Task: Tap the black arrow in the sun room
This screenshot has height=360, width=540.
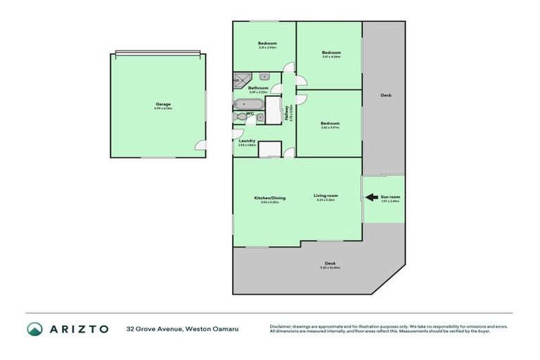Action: [370, 199]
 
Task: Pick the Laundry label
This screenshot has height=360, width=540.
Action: [247, 140]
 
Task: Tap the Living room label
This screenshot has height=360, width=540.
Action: [326, 195]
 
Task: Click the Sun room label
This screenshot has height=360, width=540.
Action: [390, 198]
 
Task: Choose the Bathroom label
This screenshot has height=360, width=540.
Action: [258, 87]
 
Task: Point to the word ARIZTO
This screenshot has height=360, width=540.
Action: [78, 328]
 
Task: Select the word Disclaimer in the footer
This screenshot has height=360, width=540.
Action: [282, 326]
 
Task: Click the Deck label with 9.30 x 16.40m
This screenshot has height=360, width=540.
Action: [330, 264]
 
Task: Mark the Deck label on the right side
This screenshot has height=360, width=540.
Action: [385, 96]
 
